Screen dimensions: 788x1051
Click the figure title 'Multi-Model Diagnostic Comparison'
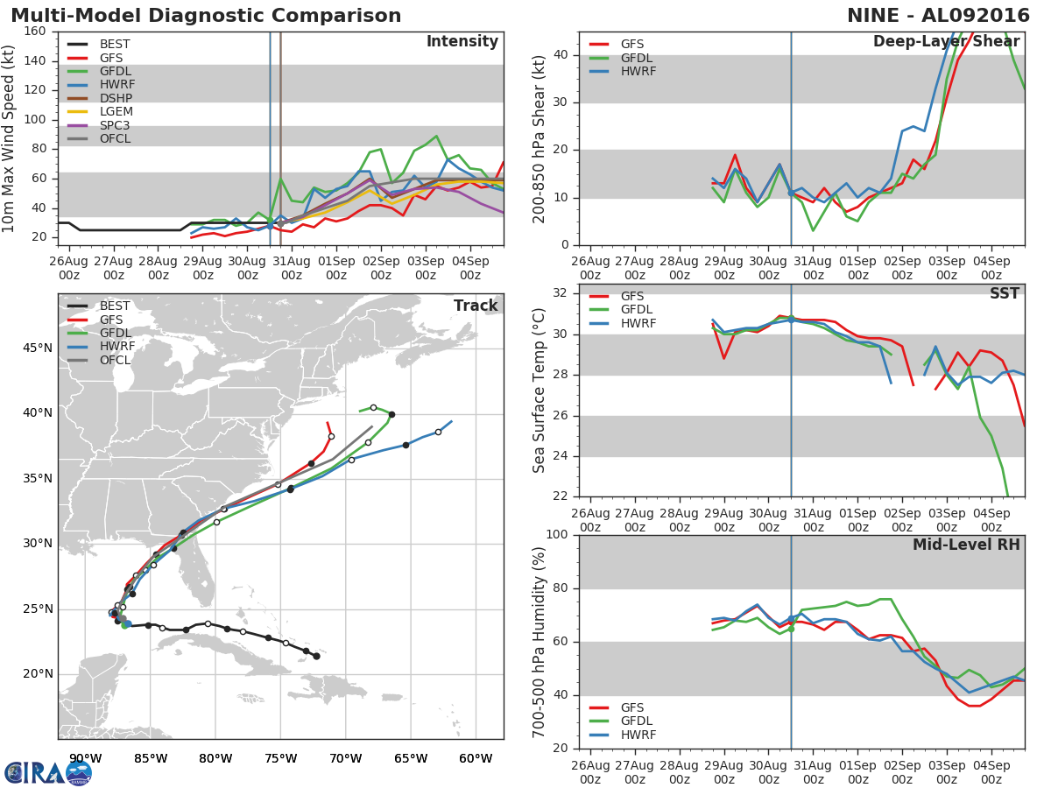(206, 16)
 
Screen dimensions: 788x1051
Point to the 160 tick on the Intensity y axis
(36, 32)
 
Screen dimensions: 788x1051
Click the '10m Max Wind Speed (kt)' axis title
(10, 137)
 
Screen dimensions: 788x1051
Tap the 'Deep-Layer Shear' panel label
(946, 42)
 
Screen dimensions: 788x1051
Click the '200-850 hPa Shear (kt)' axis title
(540, 138)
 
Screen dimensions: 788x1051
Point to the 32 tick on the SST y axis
(561, 293)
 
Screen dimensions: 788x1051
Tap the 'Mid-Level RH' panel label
(966, 545)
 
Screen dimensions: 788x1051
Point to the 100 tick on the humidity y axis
(557, 535)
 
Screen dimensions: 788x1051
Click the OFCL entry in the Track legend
(115, 360)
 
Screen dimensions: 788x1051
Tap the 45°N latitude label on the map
(38, 348)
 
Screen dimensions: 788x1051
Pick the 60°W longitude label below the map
(475, 758)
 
